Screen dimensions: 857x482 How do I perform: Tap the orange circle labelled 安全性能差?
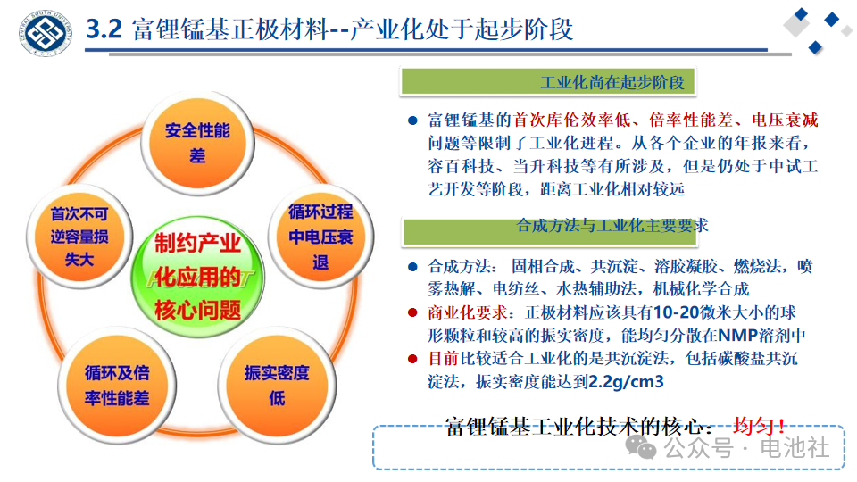(x=197, y=143)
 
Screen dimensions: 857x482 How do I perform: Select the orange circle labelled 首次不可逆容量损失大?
(x=79, y=237)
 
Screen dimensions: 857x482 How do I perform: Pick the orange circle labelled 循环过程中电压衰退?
(x=320, y=237)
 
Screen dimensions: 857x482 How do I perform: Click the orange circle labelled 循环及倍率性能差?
(x=117, y=386)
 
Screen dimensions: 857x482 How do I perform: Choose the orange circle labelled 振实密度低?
(x=277, y=386)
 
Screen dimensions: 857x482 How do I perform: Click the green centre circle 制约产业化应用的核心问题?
(x=197, y=277)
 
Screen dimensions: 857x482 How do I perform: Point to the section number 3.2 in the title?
(x=104, y=29)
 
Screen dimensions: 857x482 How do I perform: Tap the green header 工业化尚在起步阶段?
(x=548, y=82)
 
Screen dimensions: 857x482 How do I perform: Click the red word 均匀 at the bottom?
(x=753, y=426)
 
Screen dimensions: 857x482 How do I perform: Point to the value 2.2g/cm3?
(x=626, y=381)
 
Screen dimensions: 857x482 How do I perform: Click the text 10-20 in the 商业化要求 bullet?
(x=676, y=312)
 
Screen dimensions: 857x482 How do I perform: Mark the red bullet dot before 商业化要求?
(x=412, y=312)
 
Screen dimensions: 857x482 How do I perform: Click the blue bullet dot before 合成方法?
(x=412, y=267)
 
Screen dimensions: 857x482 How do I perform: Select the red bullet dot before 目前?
(x=412, y=359)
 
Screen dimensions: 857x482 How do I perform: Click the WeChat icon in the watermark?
(x=641, y=447)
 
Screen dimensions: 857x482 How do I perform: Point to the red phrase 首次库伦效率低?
(x=571, y=120)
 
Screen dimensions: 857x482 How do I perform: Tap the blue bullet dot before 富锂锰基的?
(x=412, y=120)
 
